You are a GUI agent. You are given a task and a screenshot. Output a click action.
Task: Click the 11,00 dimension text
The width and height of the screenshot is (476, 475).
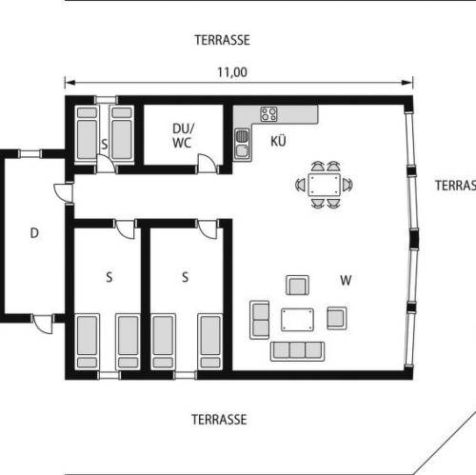tap(232, 72)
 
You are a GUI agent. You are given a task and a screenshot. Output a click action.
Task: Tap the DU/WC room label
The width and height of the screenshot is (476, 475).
tap(183, 135)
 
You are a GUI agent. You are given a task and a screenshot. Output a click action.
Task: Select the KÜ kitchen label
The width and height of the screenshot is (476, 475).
tap(278, 141)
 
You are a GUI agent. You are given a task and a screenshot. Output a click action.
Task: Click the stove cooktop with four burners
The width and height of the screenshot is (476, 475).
tap(268, 114)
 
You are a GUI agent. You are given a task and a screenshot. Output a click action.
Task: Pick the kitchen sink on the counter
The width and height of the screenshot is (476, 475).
tap(242, 144)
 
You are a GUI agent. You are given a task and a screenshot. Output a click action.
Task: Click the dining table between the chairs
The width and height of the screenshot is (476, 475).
tap(324, 185)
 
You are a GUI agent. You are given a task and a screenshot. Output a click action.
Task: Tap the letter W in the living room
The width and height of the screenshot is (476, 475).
tap(346, 280)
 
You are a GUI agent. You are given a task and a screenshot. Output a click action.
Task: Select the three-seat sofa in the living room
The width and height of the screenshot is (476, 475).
tap(297, 351)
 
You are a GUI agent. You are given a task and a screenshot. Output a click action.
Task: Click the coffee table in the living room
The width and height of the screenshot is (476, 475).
tap(297, 320)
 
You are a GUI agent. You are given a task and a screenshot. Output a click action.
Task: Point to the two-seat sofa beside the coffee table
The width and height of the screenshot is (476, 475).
tap(260, 320)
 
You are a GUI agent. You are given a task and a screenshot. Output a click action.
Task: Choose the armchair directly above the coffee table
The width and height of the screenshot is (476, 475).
tap(297, 286)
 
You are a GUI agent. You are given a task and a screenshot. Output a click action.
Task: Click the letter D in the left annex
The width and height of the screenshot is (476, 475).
tap(34, 233)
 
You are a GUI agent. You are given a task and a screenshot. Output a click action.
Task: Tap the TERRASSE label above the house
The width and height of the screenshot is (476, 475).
tap(222, 40)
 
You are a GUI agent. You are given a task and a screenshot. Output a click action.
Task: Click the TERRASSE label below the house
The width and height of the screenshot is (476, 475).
tap(219, 420)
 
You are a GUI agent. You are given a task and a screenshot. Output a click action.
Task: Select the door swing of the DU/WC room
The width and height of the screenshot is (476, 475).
tap(207, 164)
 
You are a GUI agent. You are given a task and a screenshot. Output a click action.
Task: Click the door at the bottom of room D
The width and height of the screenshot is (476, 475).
tap(43, 324)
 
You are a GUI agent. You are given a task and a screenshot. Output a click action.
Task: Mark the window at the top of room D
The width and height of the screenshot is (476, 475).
tap(30, 154)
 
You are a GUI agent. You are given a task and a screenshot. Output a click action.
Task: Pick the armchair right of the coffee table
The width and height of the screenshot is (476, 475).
tap(337, 318)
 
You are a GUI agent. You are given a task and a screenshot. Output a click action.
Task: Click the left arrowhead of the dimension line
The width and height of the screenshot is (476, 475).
tap(69, 83)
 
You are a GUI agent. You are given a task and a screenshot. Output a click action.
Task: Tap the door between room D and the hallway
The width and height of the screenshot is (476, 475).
tap(64, 192)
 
